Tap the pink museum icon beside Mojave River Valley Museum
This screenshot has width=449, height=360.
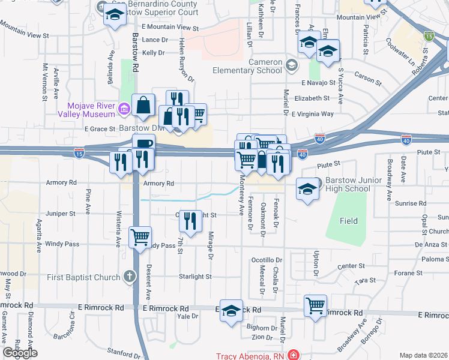click(x=124, y=109)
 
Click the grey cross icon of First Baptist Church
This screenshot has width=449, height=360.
click(x=128, y=277)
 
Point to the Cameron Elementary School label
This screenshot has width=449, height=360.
click(x=247, y=66)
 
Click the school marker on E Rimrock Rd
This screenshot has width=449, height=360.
click(x=231, y=310)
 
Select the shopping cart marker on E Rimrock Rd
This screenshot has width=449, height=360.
click(x=315, y=305)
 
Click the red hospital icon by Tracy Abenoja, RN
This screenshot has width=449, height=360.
click(x=292, y=355)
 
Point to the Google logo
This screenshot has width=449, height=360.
click(x=20, y=353)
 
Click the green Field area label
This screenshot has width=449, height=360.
click(x=349, y=221)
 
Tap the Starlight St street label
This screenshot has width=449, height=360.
click(x=196, y=277)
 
